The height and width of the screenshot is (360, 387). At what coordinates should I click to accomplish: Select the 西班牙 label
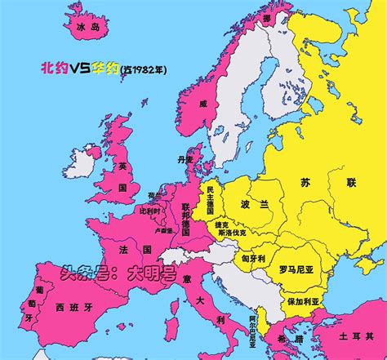click(x=70, y=308)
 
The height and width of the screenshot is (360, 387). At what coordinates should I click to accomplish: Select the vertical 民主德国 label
click(x=210, y=200)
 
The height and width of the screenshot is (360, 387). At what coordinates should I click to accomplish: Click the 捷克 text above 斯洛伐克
click(x=221, y=224)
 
